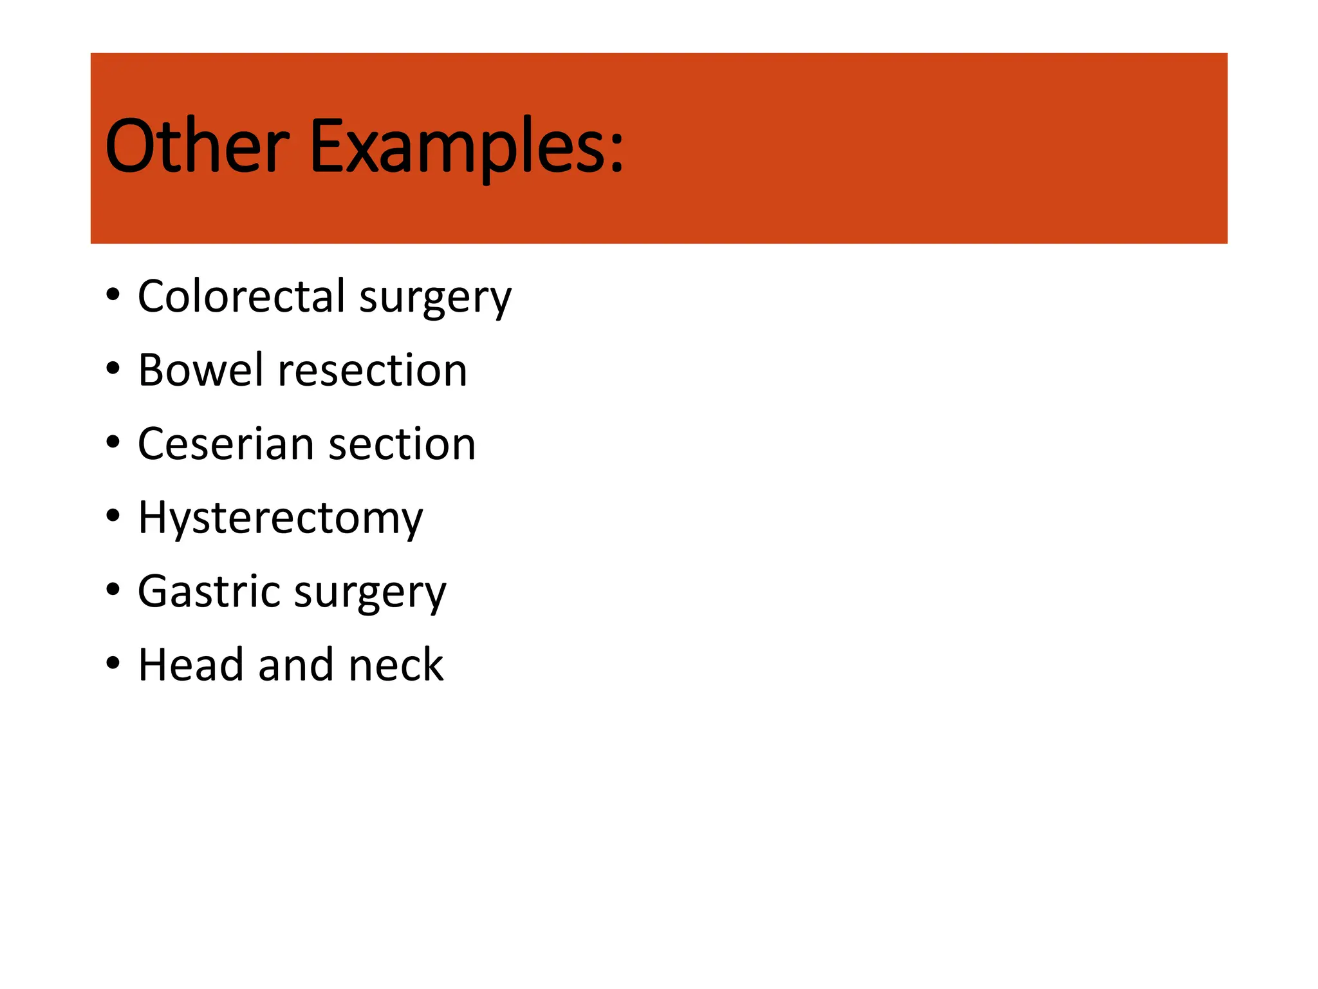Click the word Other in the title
(196, 147)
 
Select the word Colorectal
(241, 296)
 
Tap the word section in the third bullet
(402, 444)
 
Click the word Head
(191, 664)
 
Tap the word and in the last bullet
(296, 664)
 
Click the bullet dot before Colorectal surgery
(113, 295)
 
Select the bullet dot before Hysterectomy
(113, 516)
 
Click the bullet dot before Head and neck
(113, 663)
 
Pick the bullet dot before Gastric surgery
(113, 589)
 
